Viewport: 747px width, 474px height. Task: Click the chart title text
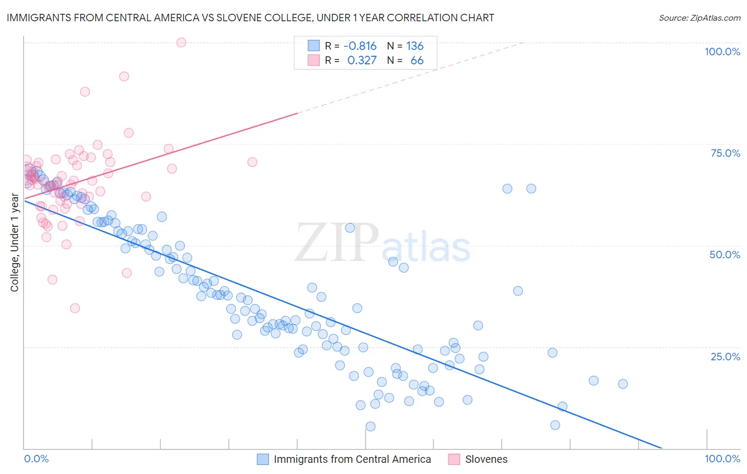click(250, 18)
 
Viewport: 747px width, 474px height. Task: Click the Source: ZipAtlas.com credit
click(699, 18)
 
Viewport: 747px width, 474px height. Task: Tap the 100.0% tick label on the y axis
click(722, 52)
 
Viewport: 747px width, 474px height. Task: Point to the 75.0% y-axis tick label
click(725, 153)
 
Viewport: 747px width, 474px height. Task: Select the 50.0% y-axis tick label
click(725, 255)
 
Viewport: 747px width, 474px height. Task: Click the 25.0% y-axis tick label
click(725, 356)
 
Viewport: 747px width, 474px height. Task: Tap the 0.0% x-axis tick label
click(36, 459)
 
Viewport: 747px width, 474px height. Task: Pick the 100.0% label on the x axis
click(722, 459)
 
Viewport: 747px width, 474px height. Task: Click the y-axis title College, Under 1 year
click(15, 243)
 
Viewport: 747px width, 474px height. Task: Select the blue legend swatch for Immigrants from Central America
click(262, 459)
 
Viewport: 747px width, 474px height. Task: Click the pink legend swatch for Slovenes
click(454, 459)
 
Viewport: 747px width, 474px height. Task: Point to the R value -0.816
click(360, 46)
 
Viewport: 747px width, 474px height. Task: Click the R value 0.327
click(362, 60)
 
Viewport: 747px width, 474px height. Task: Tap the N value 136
click(415, 46)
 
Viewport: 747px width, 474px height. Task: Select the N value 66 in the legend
click(417, 60)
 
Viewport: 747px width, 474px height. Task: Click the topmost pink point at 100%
click(181, 43)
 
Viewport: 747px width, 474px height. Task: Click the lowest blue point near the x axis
click(370, 426)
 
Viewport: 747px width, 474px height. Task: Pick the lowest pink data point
click(75, 308)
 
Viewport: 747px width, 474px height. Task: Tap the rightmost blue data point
click(623, 384)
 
